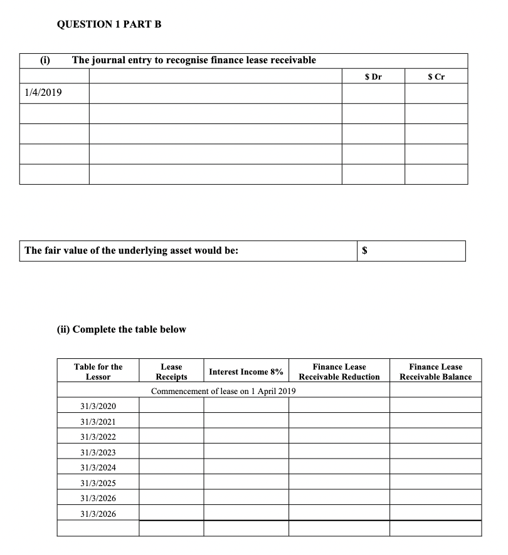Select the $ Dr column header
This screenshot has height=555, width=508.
(x=373, y=77)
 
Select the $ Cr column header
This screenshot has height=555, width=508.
(x=436, y=77)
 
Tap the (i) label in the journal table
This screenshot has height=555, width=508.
(x=45, y=60)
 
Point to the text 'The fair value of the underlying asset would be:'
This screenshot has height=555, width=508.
(x=131, y=251)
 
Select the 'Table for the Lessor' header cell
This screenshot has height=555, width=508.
(x=98, y=371)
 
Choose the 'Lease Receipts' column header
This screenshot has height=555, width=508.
(x=171, y=371)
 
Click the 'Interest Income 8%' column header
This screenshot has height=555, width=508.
(x=246, y=371)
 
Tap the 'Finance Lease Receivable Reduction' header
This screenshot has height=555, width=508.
(x=339, y=371)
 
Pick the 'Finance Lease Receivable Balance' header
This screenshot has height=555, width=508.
(x=435, y=371)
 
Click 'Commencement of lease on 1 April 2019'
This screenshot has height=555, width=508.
(x=223, y=391)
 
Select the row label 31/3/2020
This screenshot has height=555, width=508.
(x=98, y=407)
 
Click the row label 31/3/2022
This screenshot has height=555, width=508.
(x=98, y=437)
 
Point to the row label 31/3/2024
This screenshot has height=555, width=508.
(x=98, y=467)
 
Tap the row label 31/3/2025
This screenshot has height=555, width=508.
(x=98, y=483)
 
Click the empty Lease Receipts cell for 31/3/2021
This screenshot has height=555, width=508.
(x=171, y=422)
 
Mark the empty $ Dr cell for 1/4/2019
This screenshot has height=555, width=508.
(x=373, y=94)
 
